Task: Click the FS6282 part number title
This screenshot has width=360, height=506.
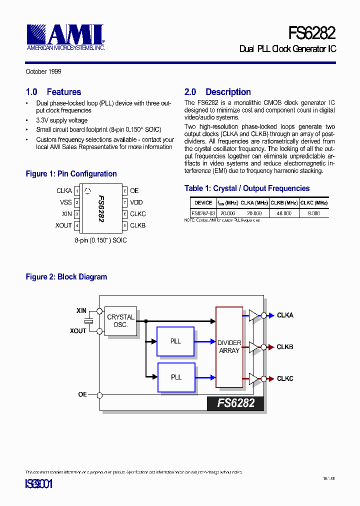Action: [x=311, y=33]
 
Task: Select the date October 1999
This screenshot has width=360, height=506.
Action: [x=43, y=71]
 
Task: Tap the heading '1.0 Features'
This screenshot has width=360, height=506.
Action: [x=53, y=92]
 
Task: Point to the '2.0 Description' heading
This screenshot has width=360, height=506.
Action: [x=217, y=92]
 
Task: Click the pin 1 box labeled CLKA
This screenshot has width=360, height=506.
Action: [x=76, y=191]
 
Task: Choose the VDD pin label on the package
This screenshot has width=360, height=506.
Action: [x=136, y=202]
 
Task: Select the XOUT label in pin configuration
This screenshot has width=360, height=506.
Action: [x=63, y=225]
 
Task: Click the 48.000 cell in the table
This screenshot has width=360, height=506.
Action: [x=283, y=213]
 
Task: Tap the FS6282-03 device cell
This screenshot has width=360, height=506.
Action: [x=202, y=213]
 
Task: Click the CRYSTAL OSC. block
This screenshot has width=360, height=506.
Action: [x=120, y=321]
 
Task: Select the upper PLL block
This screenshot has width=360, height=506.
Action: [x=175, y=341]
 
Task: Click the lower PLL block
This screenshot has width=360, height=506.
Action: [x=175, y=377]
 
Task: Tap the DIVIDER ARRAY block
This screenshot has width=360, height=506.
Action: [x=229, y=347]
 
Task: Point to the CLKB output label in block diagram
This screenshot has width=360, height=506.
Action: [x=285, y=347]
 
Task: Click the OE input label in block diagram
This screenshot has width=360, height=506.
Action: [x=82, y=394]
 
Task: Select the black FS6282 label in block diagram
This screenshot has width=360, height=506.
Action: [x=235, y=403]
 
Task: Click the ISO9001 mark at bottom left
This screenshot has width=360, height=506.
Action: [x=38, y=484]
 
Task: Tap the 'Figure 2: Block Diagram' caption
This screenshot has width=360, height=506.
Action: [x=66, y=277]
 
